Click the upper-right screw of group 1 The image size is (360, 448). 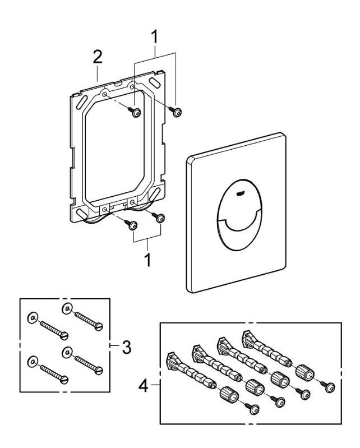[177, 113]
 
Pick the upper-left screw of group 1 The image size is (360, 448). [135, 114]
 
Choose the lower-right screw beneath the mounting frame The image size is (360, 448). [160, 218]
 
